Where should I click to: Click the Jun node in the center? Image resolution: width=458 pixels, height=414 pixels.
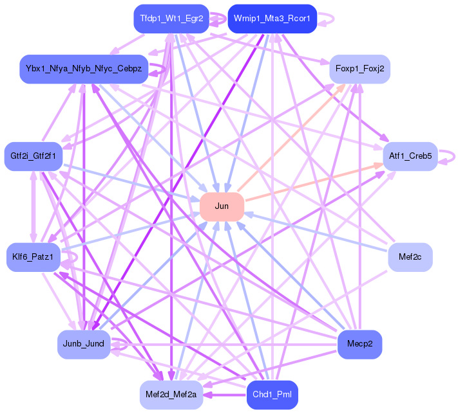coord(222,206)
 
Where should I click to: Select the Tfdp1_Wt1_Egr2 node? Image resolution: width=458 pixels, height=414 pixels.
coord(171,19)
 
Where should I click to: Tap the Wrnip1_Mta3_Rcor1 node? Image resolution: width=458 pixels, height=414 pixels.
coord(272,19)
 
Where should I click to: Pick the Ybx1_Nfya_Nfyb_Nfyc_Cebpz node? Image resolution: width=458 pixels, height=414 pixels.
coord(84,68)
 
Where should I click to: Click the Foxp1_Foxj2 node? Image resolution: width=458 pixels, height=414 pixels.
coord(359,68)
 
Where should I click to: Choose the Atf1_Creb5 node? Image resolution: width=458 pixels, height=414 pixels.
coord(410,156)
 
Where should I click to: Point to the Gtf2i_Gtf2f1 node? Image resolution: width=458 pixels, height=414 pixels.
coord(33,156)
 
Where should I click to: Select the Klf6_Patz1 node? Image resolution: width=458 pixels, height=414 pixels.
coord(33,258)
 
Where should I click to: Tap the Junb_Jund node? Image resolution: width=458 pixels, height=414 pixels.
coord(84,343)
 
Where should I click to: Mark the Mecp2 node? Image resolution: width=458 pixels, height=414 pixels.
coord(359,343)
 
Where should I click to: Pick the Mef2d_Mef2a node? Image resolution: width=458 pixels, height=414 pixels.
coord(171,393)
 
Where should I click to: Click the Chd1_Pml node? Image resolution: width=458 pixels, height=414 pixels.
coord(272,393)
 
